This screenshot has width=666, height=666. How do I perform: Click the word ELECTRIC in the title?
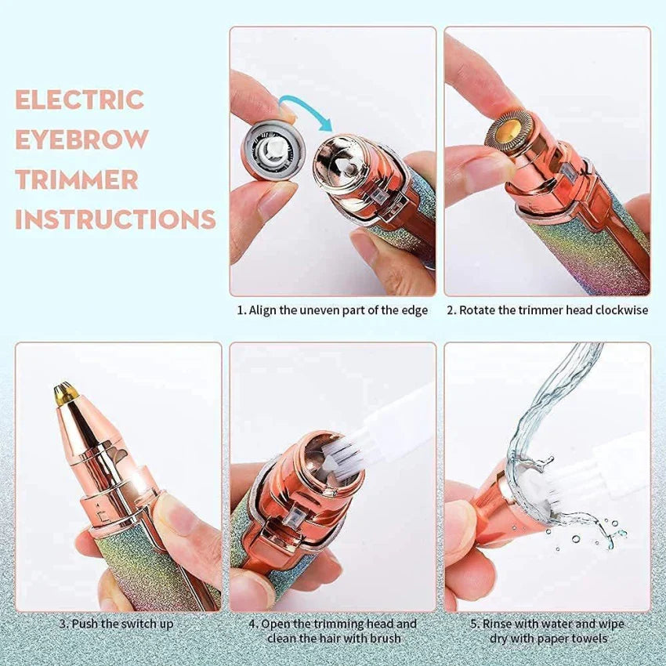pos(80,100)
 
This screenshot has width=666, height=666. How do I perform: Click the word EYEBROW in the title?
pos(82,139)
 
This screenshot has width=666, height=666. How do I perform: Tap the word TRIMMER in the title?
pos(77,179)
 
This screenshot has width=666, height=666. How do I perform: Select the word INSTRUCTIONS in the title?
pos(115,219)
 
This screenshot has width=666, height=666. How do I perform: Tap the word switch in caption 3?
pos(128,624)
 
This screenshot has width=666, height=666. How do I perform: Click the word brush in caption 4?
pos(385,638)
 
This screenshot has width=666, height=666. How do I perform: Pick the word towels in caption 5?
pos(589,638)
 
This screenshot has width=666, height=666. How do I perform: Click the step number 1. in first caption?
pos(241,310)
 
